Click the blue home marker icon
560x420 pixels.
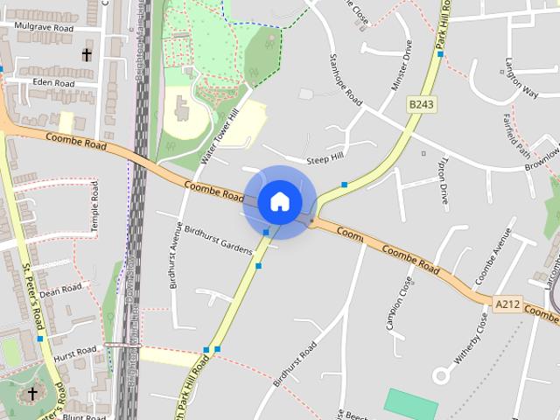point(279,201)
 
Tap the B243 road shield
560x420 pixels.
point(421,104)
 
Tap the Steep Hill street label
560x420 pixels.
point(325,159)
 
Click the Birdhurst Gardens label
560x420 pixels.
point(218,236)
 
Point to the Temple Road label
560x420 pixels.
point(94,206)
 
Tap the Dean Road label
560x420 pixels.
point(60,290)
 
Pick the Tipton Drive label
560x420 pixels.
point(444,181)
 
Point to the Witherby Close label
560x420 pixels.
point(471,339)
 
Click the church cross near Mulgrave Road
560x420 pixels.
point(87,55)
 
